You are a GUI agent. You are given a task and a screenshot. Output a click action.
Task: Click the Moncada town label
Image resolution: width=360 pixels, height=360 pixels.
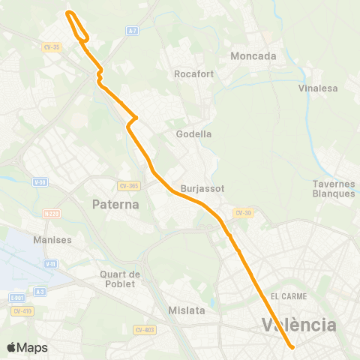tap(253, 56)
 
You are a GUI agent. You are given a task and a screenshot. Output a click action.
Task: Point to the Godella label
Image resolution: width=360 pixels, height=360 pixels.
tap(193, 134)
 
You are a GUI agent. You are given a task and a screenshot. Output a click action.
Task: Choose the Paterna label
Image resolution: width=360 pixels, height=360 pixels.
tap(115, 204)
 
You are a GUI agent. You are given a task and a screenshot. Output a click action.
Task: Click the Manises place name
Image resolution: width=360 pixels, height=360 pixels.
tap(52, 240)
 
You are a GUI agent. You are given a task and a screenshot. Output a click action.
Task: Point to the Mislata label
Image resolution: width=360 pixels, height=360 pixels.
tap(184, 310)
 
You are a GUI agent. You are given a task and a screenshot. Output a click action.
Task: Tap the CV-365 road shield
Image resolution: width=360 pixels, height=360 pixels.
tap(129, 185)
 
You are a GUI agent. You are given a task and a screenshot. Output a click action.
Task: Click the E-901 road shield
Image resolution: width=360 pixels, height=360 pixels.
tap(16, 298)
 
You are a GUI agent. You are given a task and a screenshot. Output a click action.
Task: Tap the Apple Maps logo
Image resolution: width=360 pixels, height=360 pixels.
tap(27, 347)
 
